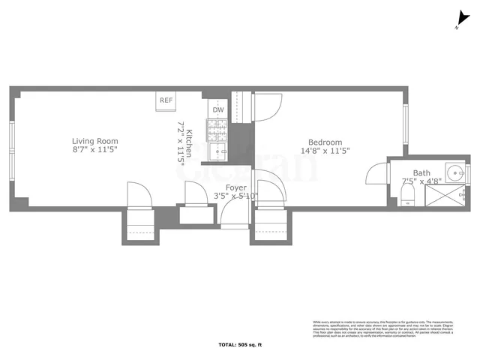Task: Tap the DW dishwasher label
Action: tap(217, 110)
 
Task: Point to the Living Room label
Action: tap(95, 141)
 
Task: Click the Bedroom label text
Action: tap(325, 142)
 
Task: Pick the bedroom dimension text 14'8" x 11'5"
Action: tap(325, 151)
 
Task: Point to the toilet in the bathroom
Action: tap(407, 197)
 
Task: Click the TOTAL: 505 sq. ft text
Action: tap(240, 346)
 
